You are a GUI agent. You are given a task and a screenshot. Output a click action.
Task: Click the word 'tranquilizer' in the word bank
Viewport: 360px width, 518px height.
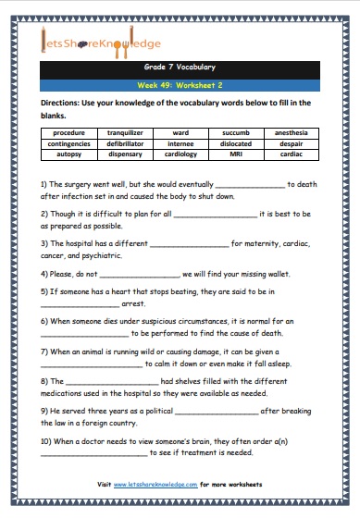tap(125, 133)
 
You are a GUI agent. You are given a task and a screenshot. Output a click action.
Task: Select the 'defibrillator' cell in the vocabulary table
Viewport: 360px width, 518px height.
tap(125, 143)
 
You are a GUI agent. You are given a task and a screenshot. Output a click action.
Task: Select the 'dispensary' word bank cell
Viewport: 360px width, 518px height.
tap(125, 154)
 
